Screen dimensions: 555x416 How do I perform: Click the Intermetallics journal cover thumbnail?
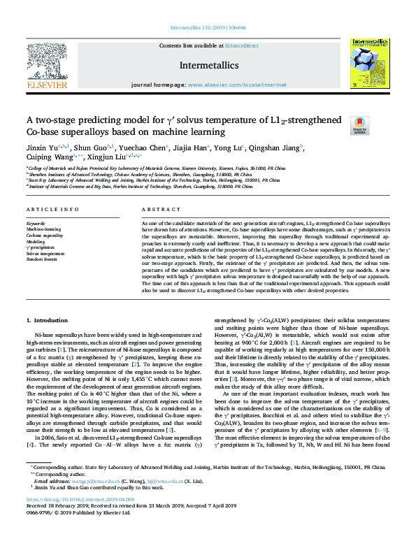368,64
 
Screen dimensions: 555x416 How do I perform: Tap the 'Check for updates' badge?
359,124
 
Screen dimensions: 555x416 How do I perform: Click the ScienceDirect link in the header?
241,45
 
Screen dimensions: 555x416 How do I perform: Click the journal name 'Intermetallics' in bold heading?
208,65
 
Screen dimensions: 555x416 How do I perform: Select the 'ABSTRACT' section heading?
161,210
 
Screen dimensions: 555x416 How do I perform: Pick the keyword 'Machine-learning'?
44,229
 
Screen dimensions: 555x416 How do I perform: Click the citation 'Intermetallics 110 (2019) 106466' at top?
208,29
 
